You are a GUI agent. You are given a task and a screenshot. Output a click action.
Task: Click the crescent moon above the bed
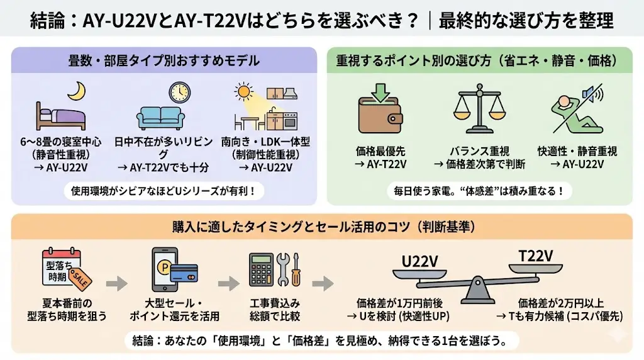pyautogui.click(x=76, y=93)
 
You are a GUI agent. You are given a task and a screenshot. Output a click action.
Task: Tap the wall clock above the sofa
pyautogui.click(x=179, y=92)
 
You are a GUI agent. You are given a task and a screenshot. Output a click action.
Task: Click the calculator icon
pyautogui.click(x=261, y=271)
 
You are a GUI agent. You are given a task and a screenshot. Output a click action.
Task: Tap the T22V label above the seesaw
pyautogui.click(x=535, y=255)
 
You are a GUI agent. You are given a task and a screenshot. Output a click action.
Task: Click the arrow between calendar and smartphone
pyautogui.click(x=116, y=284)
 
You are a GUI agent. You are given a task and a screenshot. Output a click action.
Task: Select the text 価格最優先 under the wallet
pyautogui.click(x=380, y=152)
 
